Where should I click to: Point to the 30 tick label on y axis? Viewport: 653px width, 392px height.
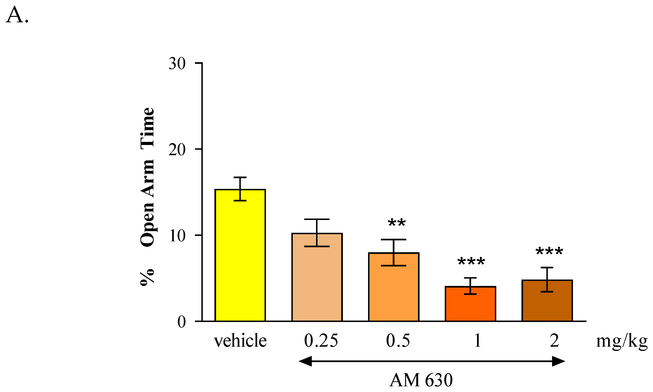pos(177,64)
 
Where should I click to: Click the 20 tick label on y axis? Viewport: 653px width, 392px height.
pos(177,150)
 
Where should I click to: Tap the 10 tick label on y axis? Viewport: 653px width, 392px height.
pos(177,236)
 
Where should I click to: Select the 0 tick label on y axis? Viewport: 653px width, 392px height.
pos(182,322)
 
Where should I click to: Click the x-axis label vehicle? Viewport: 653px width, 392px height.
pos(240,341)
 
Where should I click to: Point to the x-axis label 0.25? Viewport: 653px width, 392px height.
pos(321,341)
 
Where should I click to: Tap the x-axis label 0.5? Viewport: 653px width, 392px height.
pos(398,341)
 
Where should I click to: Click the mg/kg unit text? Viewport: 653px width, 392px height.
pos(622,341)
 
